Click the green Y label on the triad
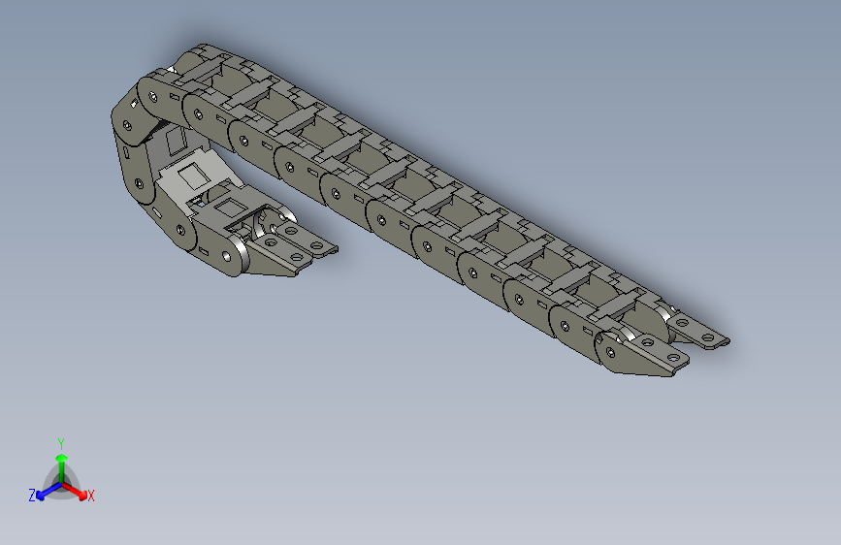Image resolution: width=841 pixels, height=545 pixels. coord(61,442)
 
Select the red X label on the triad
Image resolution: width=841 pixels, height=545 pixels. coord(91,497)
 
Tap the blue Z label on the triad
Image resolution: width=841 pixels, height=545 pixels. coord(32,495)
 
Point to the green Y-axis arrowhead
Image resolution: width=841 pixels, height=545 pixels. coord(61,457)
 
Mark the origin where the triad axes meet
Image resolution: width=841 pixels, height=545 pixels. coord(61,482)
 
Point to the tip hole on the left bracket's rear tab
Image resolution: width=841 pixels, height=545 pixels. coord(316,232)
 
